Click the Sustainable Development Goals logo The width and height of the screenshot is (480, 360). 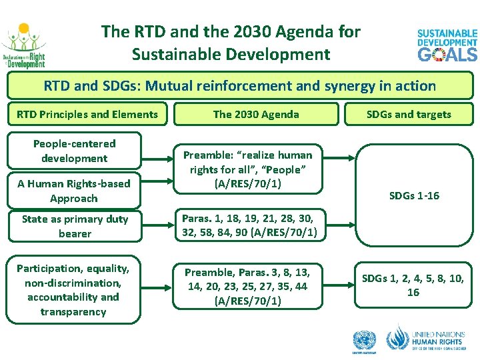pos(447,45)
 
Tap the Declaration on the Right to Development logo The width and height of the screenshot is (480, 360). pos(24,46)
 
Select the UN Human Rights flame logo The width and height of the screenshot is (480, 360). pos(398,338)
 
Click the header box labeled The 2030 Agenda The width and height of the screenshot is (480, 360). pos(256,114)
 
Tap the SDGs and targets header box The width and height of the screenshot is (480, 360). pos(409,114)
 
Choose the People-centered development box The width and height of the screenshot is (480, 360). pos(74,151)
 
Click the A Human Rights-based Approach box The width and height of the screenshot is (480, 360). pos(74,191)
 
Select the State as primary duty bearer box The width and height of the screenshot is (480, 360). pos(74,226)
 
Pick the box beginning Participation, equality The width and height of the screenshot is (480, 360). pos(74,290)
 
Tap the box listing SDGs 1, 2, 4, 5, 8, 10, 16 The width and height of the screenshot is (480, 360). pos(413,285)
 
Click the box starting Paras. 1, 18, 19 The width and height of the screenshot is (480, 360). pos(248,225)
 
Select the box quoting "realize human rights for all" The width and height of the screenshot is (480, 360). pos(248,169)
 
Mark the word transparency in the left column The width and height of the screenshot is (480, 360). pos(73,312)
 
